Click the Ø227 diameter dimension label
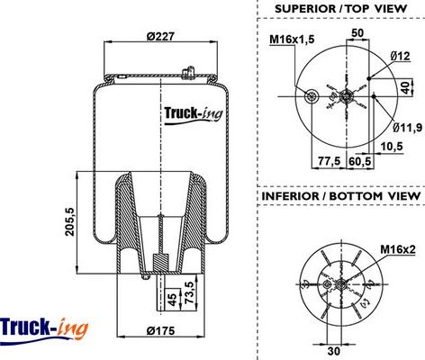click(160, 36)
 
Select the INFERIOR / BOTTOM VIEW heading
click(340, 195)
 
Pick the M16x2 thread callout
click(395, 249)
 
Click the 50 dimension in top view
click(357, 33)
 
